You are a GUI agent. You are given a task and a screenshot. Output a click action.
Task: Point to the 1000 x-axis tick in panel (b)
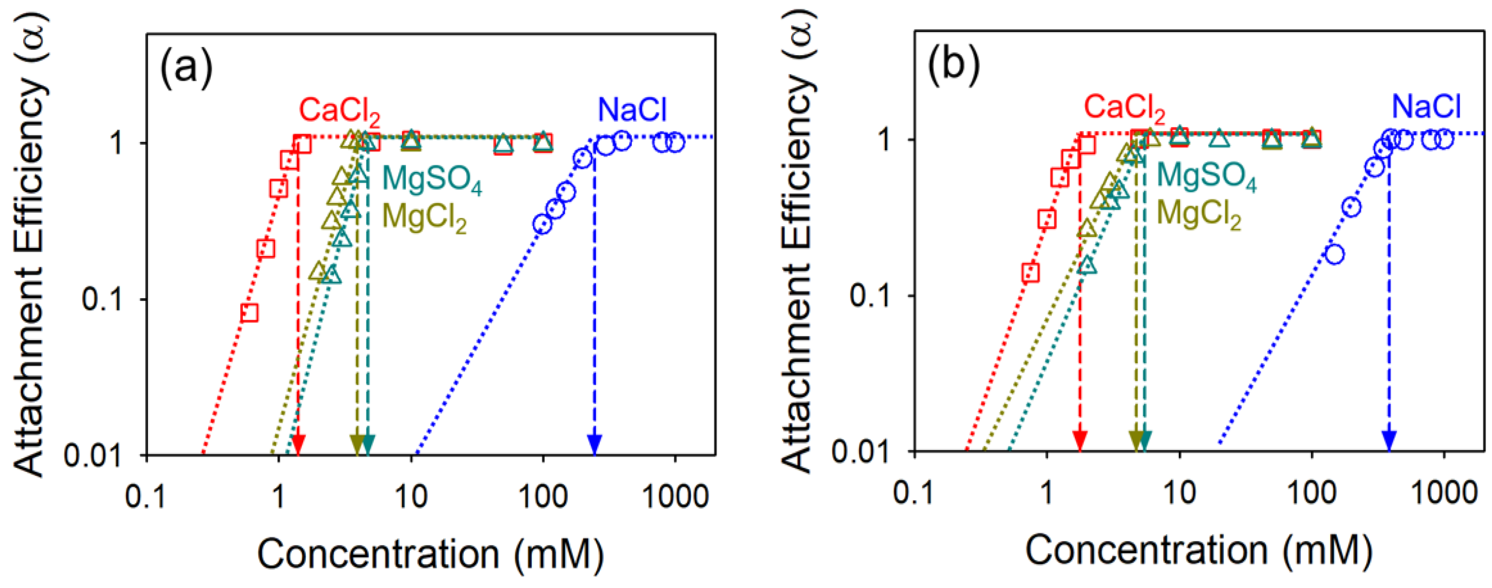pos(1444,493)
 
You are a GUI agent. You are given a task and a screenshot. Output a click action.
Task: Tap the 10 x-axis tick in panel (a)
pos(411,497)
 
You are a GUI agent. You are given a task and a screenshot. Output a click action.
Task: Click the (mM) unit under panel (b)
pos(1327,550)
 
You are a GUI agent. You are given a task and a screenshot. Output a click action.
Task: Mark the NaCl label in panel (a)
pos(632,110)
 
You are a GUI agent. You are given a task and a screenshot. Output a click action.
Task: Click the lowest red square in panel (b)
pos(1030,272)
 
